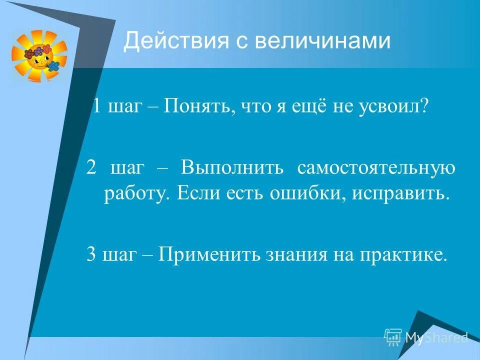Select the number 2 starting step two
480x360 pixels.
click(x=90, y=167)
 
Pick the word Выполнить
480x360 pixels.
click(x=233, y=168)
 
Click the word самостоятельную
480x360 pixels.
click(x=376, y=168)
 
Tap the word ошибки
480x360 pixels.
click(x=299, y=193)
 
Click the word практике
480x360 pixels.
click(x=400, y=255)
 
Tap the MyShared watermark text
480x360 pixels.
click(x=436, y=337)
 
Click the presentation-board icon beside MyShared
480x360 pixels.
click(x=393, y=337)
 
